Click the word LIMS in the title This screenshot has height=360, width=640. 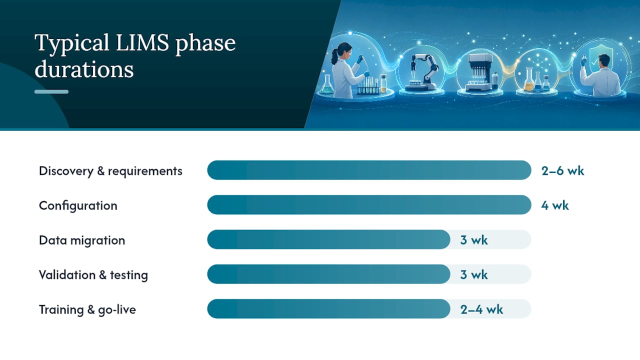point(142,43)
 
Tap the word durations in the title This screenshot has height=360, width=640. point(84,69)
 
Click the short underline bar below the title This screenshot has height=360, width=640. point(51,91)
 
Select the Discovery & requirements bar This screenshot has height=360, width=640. point(369,170)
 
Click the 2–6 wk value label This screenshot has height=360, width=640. point(562,171)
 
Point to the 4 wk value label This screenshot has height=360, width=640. point(555,205)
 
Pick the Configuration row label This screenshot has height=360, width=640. point(78,205)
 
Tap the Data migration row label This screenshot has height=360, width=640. point(82,240)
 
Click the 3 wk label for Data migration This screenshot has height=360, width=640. point(473,240)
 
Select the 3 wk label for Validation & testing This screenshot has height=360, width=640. point(473,274)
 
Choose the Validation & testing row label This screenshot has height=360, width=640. point(93,275)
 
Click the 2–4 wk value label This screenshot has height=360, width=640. point(481,309)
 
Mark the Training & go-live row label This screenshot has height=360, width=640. point(87,309)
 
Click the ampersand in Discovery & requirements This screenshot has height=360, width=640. point(100,171)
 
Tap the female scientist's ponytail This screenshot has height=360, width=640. point(334,56)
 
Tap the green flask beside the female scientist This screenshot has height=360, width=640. point(327,84)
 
